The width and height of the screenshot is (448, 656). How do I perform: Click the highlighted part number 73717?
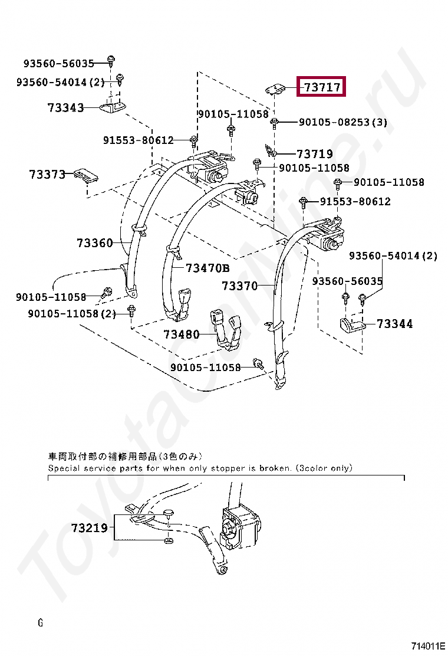(x=322, y=87)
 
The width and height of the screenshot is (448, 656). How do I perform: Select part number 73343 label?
(x=65, y=108)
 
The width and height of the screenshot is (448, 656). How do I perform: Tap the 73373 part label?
(x=47, y=175)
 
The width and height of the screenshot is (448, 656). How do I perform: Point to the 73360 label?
(x=94, y=242)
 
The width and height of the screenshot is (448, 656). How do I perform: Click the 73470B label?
(x=207, y=268)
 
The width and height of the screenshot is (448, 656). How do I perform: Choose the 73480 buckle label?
(x=182, y=334)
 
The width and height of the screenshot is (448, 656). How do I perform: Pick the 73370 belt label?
(x=240, y=286)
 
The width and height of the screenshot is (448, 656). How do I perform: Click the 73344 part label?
(x=395, y=323)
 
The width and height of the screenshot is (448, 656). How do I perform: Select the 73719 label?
(x=314, y=154)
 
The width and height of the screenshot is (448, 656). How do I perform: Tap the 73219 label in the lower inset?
(x=90, y=528)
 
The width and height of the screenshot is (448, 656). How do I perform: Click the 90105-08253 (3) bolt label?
(x=342, y=122)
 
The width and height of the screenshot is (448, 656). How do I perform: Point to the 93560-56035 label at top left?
(x=59, y=64)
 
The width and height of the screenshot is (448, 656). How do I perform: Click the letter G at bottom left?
(x=40, y=622)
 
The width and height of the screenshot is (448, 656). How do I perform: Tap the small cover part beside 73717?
(x=275, y=88)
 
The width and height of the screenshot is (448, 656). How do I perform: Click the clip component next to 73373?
(x=86, y=175)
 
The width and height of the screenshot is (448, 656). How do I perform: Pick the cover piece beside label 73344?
(x=353, y=324)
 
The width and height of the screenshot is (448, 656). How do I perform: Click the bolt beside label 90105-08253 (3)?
(x=274, y=122)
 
